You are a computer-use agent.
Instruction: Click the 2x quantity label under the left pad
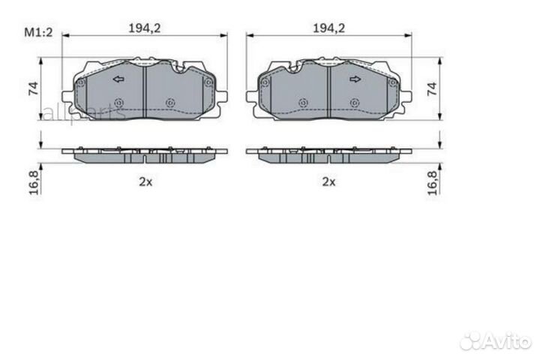pos(144,181)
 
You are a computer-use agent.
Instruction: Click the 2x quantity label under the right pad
pos(328,181)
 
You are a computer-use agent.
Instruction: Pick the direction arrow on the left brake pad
pos(117,79)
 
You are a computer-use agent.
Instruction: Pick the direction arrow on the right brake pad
pos(355,79)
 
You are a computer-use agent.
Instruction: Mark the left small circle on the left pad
pos(118,103)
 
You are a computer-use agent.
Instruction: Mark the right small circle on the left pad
pos(169,103)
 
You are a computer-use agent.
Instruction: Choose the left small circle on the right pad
pos(302,103)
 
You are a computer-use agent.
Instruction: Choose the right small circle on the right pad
pos(354,103)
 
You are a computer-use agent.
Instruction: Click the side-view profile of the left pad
pos(144,153)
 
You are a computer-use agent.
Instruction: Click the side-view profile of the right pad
pos(328,153)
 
